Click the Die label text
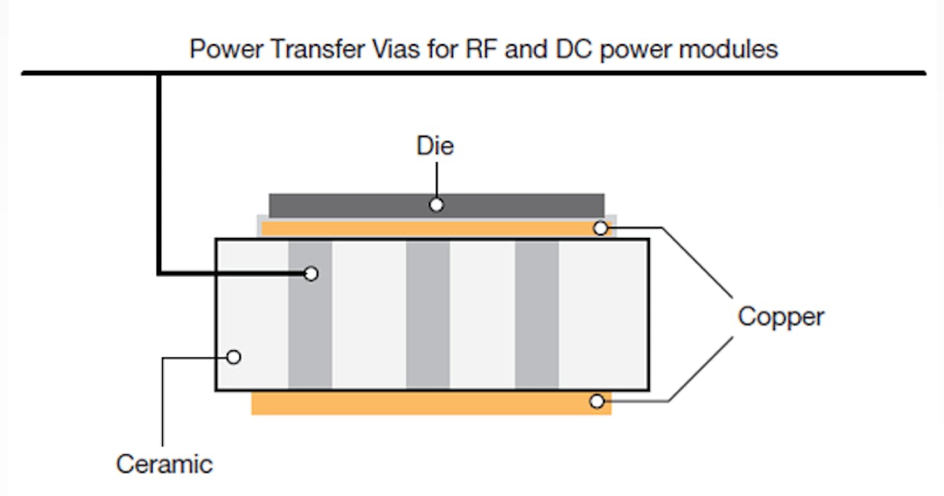pyautogui.click(x=435, y=146)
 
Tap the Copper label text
pyautogui.click(x=780, y=316)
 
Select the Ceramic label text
pyautogui.click(x=164, y=464)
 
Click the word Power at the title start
pyautogui.click(x=224, y=50)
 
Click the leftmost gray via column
pyautogui.click(x=310, y=331)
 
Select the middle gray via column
pyautogui.click(x=428, y=315)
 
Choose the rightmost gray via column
pyautogui.click(x=537, y=315)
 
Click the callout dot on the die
pyautogui.click(x=436, y=205)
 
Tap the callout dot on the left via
pyautogui.click(x=311, y=273)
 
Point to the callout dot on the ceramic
pyautogui.click(x=233, y=357)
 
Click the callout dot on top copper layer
pyautogui.click(x=600, y=228)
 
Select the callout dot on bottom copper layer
pyautogui.click(x=597, y=402)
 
